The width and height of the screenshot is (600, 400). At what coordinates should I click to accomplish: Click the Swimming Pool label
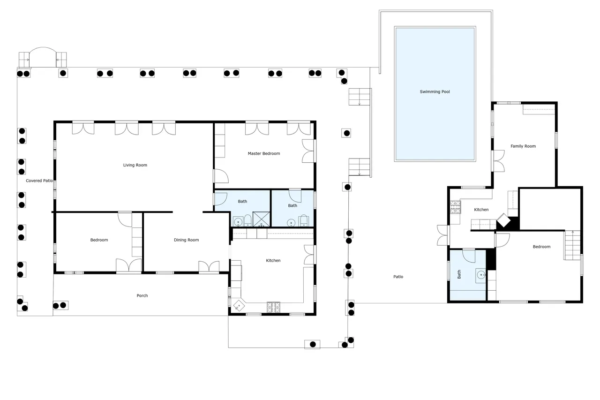(x=435, y=91)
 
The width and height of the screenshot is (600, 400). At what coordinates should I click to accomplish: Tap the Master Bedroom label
(x=264, y=153)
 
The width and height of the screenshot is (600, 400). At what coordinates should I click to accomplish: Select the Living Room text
(x=135, y=165)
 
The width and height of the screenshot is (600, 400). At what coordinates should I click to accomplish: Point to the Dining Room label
(x=187, y=240)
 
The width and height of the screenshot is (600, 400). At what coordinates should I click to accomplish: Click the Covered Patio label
(x=39, y=181)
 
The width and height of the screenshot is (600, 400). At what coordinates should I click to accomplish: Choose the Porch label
(x=142, y=295)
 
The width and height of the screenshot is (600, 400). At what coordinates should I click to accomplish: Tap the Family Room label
(x=523, y=146)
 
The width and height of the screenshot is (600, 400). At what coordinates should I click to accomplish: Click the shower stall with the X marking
(x=261, y=219)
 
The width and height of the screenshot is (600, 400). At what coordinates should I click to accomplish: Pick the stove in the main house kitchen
(x=273, y=307)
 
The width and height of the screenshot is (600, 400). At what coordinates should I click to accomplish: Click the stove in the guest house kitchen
(x=455, y=207)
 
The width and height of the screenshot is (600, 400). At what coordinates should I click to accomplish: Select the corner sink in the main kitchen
(x=239, y=306)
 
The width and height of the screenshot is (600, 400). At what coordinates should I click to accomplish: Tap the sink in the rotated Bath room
(x=481, y=275)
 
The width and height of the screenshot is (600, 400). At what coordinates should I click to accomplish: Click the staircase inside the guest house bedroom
(x=573, y=245)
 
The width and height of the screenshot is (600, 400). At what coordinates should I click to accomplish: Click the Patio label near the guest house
(x=398, y=277)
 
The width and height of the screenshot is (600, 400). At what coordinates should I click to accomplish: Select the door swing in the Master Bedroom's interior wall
(x=222, y=176)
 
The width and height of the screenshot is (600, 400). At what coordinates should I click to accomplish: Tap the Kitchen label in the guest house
(x=481, y=210)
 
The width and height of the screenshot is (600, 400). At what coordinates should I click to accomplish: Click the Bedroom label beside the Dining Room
(x=99, y=240)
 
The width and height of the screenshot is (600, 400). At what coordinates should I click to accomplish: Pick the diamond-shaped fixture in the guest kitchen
(x=503, y=220)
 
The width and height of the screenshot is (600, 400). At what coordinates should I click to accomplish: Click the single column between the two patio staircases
(x=347, y=133)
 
